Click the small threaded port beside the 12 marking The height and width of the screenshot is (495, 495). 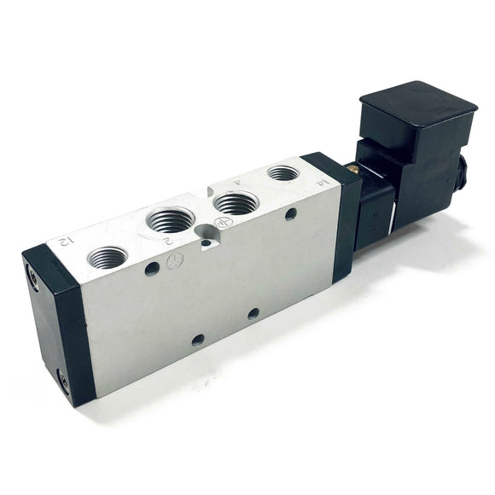tap(107, 256)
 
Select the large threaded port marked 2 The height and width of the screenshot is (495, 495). tap(170, 219)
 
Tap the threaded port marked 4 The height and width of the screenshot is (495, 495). tap(236, 202)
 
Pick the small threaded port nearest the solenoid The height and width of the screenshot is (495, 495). tap(282, 173)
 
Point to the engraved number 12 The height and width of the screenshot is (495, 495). tap(63, 241)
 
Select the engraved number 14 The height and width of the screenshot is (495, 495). tap(322, 181)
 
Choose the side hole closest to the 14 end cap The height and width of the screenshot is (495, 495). tap(291, 213)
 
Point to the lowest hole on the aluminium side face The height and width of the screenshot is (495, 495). tap(197, 340)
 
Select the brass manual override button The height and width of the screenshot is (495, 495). tap(349, 171)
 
